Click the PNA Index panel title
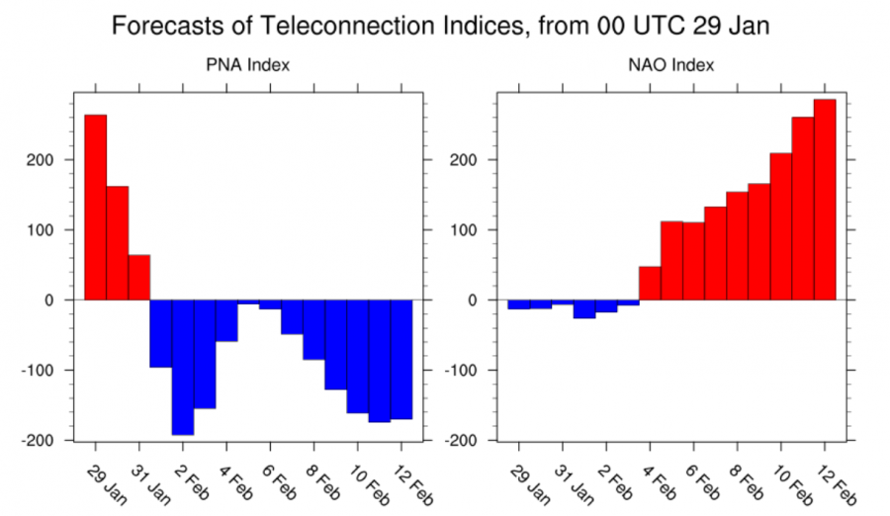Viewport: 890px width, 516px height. [x=247, y=66]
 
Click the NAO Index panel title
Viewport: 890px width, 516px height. [x=671, y=66]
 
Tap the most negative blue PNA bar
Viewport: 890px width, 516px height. [x=182, y=366]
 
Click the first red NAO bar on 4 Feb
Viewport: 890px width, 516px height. [x=650, y=283]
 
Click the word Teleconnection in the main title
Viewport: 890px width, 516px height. [x=350, y=25]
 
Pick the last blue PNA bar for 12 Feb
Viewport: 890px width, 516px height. [x=400, y=359]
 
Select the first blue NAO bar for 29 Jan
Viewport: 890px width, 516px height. [x=518, y=304]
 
